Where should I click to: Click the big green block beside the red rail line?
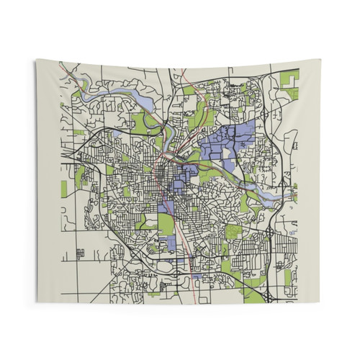167,225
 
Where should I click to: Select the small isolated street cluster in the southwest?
79,253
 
